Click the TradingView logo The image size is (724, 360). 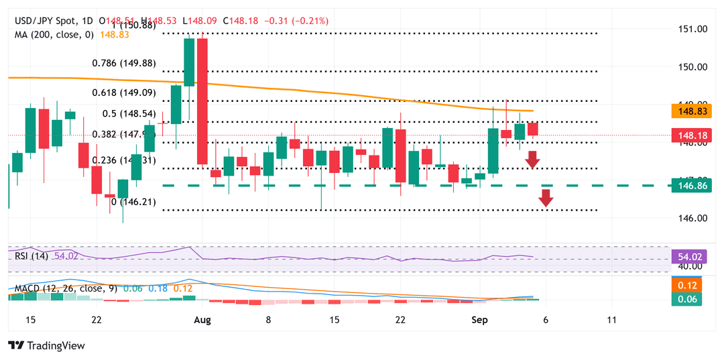[x=47, y=345]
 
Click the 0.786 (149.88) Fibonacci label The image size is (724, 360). [x=124, y=63]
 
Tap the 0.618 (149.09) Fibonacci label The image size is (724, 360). [x=124, y=94]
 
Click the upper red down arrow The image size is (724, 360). [x=532, y=160]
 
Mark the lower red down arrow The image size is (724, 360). [x=546, y=198]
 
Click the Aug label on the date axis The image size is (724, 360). [x=202, y=320]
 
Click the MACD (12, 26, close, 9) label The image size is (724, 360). [x=66, y=288]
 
